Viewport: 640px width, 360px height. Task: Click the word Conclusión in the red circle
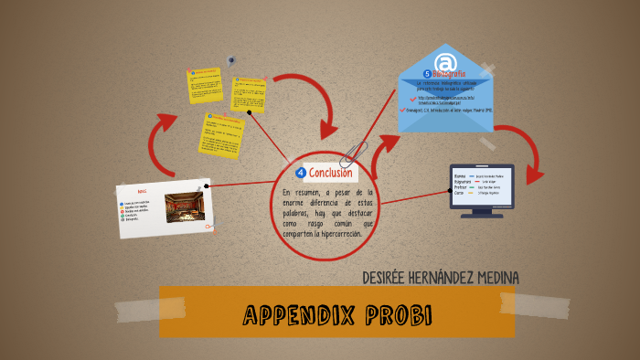coord(330,173)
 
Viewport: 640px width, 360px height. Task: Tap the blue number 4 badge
coord(301,173)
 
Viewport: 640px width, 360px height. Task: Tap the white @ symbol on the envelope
coord(444,63)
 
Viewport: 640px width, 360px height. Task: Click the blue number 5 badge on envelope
coord(426,74)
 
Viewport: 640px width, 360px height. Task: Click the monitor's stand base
coord(481,215)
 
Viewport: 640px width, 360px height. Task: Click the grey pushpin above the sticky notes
coord(231,59)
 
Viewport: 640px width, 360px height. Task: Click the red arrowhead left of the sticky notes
coord(166,123)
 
